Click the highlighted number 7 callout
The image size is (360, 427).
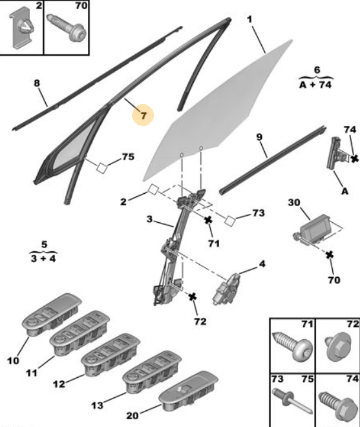(x=143, y=115)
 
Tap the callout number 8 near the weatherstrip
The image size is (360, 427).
(x=37, y=83)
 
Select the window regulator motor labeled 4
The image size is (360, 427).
(x=226, y=289)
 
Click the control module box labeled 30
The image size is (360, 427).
(x=316, y=230)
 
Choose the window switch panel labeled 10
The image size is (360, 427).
(x=52, y=314)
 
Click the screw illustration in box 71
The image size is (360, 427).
(x=292, y=346)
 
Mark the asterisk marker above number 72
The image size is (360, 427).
(x=193, y=297)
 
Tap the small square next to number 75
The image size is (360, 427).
(x=101, y=168)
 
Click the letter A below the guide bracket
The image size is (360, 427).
(x=344, y=191)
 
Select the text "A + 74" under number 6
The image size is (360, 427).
(x=315, y=85)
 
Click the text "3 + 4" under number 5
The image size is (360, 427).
(x=43, y=258)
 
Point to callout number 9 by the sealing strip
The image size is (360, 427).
(x=259, y=137)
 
